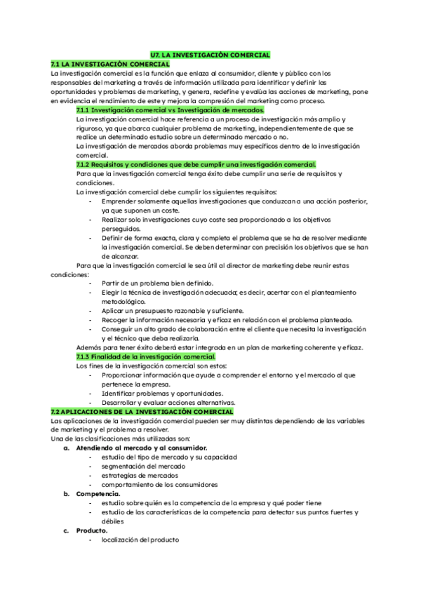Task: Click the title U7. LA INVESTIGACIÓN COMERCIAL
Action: tap(210, 55)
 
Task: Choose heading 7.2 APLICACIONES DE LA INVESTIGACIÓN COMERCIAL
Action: tap(142, 411)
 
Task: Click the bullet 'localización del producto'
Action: tap(140, 540)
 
